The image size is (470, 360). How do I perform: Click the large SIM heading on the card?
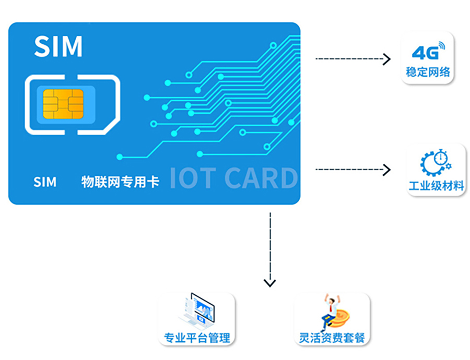[x=58, y=46]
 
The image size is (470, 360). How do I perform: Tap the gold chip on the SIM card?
[x=63, y=103]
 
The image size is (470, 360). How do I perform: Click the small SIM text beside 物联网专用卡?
[x=45, y=182]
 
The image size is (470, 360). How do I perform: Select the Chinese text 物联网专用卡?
[x=120, y=182]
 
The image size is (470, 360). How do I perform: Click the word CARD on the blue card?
[x=261, y=178]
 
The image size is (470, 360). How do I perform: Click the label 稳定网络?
[x=428, y=73]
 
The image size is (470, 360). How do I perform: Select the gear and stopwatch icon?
[x=436, y=163]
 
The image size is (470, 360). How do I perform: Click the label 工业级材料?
[x=436, y=186]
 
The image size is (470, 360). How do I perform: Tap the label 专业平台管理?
[x=197, y=338]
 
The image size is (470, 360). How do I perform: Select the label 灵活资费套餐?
[x=332, y=338]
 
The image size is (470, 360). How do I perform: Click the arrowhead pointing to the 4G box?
[x=387, y=59]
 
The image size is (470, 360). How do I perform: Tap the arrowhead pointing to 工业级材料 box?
[x=387, y=170]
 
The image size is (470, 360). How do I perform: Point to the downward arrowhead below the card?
[x=269, y=283]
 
